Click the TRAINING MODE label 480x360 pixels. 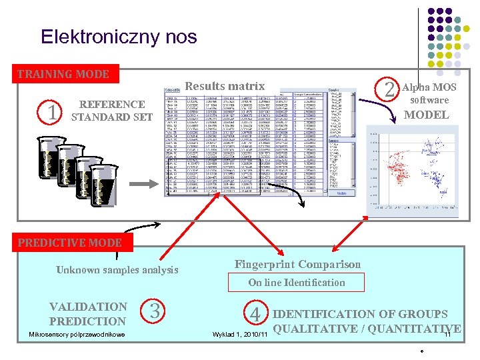(63, 74)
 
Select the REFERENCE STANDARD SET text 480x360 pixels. (111, 111)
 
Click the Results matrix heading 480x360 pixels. (225, 86)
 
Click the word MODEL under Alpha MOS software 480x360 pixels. (426, 115)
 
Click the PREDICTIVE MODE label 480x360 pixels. (70, 243)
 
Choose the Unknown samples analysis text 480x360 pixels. (117, 270)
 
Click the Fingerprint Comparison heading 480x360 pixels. (297, 265)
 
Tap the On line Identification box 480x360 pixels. (297, 283)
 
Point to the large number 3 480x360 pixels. (154, 311)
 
